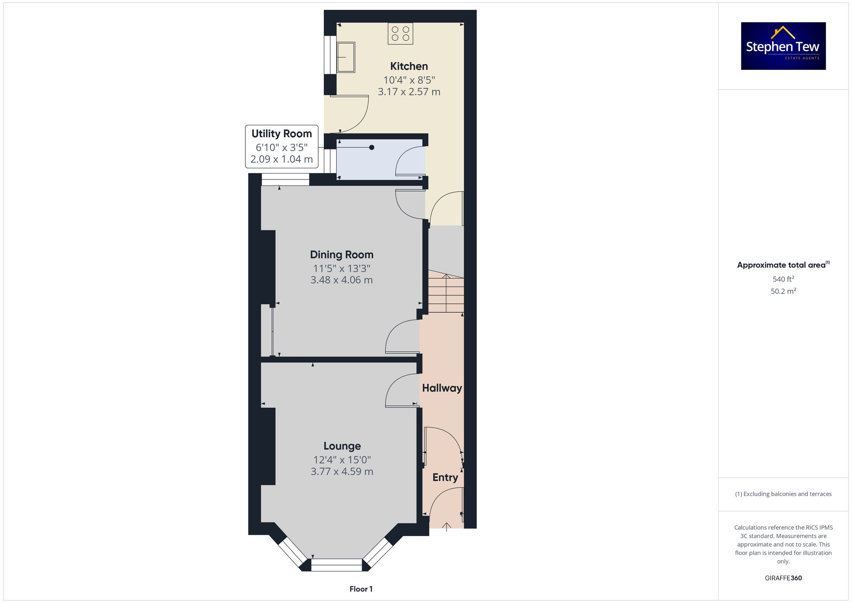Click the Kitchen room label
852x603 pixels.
point(409,66)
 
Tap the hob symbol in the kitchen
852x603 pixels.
point(400,34)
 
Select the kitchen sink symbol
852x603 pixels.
point(346,57)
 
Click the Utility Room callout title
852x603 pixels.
point(282,134)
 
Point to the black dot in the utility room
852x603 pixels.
point(371,147)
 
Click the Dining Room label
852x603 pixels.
point(342,254)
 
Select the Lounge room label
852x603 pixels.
point(342,446)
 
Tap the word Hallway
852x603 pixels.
point(442,388)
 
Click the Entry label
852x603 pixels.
point(445,477)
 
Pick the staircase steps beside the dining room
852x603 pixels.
point(446,291)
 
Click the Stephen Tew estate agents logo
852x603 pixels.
point(783,46)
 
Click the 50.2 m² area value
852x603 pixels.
point(783,291)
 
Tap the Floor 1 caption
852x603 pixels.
point(361,589)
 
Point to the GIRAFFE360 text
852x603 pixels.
point(783,578)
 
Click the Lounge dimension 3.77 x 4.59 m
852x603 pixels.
point(342,471)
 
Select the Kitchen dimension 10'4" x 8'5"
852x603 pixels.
point(409,80)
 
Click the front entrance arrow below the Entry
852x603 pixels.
point(446,527)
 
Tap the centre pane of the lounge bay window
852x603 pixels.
point(337,565)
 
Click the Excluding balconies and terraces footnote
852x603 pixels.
point(783,494)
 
